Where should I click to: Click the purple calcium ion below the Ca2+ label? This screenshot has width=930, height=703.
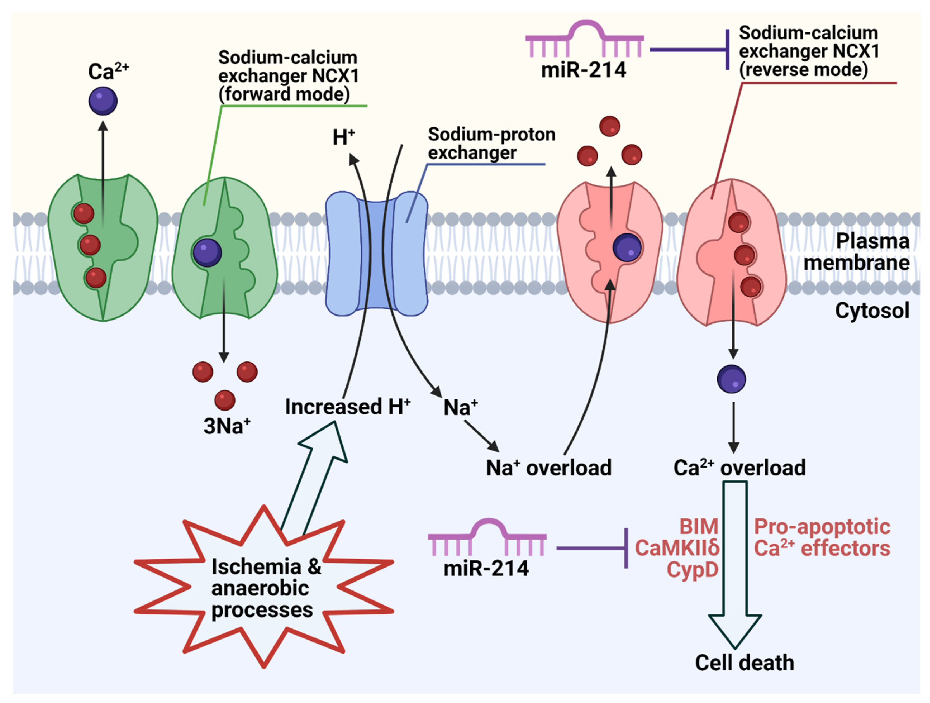click(x=103, y=101)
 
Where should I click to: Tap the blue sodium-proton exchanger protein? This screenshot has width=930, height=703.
click(x=377, y=254)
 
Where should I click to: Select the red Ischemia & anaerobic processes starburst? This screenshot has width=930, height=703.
click(x=264, y=586)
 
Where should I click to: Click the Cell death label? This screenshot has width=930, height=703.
click(x=745, y=663)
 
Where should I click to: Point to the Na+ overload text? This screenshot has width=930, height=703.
click(x=549, y=468)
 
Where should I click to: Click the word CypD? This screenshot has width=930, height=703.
click(x=693, y=570)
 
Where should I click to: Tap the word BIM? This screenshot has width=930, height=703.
click(x=699, y=526)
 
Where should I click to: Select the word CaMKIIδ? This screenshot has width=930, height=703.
click(x=677, y=548)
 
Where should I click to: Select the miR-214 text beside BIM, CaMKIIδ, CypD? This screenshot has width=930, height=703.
click(x=486, y=568)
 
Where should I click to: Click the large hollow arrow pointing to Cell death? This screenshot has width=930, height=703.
click(x=735, y=563)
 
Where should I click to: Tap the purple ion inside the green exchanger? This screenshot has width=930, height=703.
click(x=207, y=252)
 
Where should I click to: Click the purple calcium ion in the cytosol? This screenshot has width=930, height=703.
click(x=732, y=379)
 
